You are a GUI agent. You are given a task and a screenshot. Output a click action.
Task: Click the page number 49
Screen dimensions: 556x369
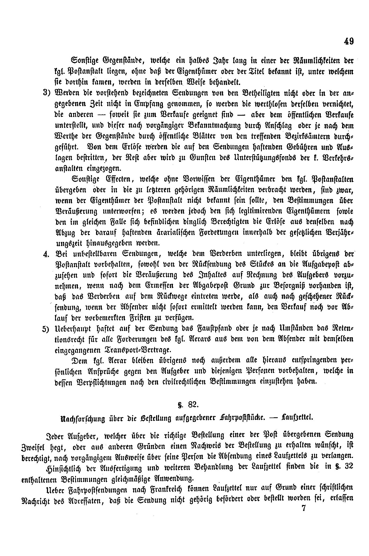coord(348,41)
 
